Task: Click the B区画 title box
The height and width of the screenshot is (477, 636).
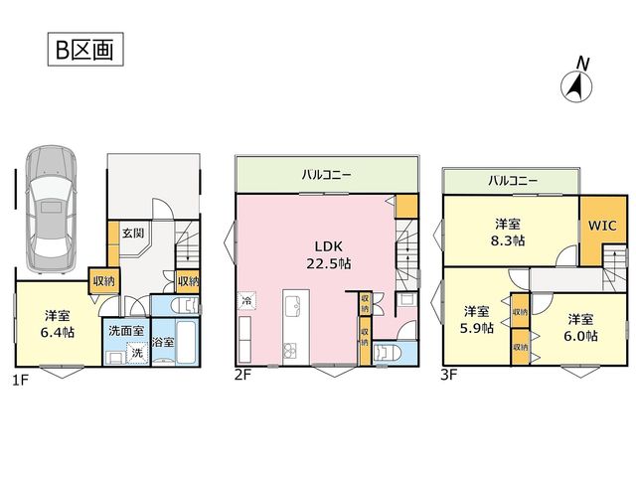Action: point(85,49)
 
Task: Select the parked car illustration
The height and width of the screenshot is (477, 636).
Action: point(51,210)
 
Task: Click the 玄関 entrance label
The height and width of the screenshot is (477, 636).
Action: point(133,234)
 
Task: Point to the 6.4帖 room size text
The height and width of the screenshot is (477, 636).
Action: point(58,333)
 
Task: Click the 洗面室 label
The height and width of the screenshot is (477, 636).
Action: point(126,331)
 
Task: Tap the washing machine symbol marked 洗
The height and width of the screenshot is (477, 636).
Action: point(137,353)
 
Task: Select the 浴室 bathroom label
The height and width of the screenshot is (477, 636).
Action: point(163,342)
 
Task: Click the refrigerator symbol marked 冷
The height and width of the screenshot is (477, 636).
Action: point(246,301)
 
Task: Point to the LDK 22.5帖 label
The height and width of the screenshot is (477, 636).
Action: point(329,255)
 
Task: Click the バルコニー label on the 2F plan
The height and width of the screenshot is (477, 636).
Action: point(326,175)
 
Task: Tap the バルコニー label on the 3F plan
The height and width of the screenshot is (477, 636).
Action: point(513,180)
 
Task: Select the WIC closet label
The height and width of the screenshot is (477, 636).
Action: point(602,226)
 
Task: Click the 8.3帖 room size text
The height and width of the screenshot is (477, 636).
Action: point(508,240)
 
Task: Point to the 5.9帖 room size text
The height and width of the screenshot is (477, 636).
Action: point(477,328)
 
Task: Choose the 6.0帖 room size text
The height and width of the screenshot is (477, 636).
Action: point(580,336)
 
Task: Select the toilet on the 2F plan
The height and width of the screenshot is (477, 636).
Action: point(387,353)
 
